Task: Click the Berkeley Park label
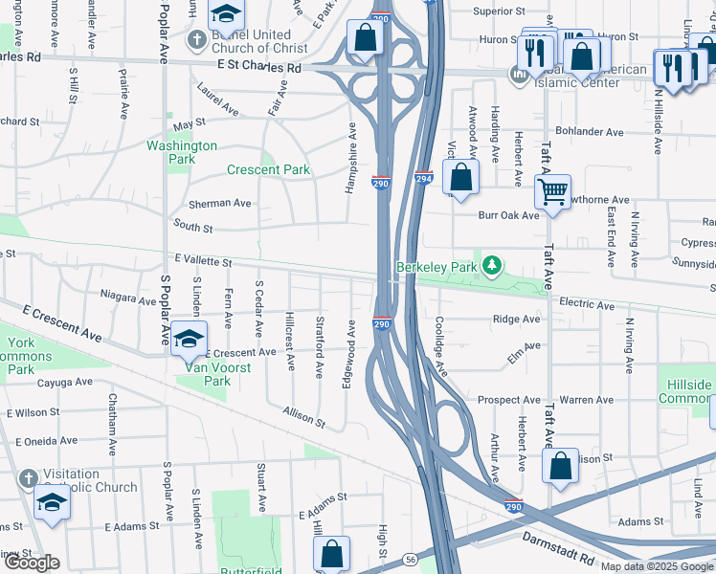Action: click(x=436, y=267)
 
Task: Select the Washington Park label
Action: click(x=182, y=152)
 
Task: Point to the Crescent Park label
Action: click(x=268, y=170)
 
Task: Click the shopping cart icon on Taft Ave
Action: click(x=552, y=191)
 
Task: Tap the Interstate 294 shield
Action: click(x=425, y=179)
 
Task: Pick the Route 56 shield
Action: click(x=410, y=558)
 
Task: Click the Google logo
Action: click(x=32, y=563)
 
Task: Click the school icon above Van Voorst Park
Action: click(x=190, y=338)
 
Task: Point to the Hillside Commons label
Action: click(x=686, y=391)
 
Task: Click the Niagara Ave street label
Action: click(x=126, y=300)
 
